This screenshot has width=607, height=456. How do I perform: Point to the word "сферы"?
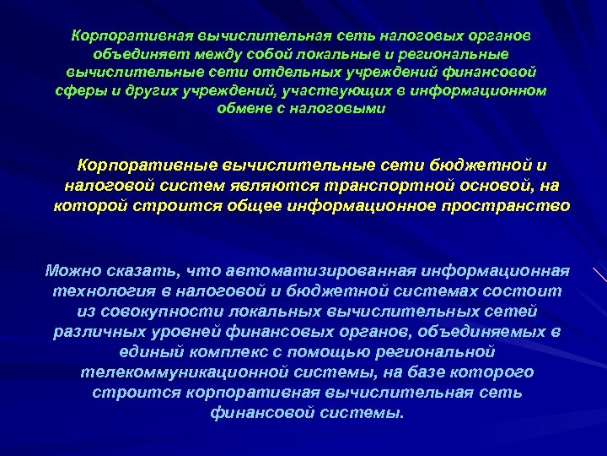tap(75, 90)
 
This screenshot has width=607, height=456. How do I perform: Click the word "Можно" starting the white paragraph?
tap(75, 271)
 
